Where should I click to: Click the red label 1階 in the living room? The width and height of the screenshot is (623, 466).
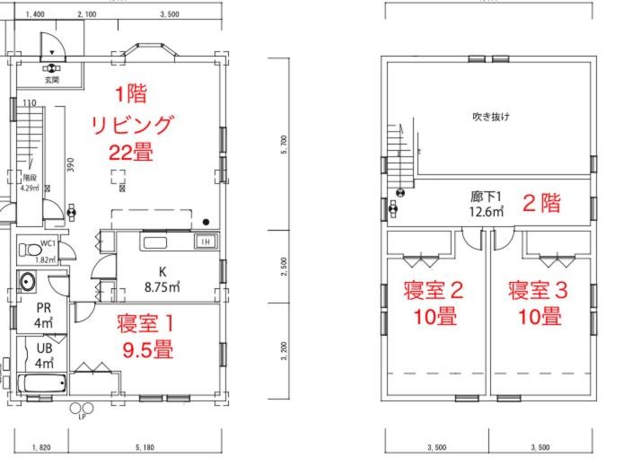(x=131, y=93)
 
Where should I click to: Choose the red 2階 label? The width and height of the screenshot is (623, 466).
(x=542, y=203)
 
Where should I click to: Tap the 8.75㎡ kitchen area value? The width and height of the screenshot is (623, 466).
(x=163, y=287)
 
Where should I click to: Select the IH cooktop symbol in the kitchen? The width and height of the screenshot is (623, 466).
(x=205, y=242)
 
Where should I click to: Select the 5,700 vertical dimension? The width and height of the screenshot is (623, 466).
(x=285, y=145)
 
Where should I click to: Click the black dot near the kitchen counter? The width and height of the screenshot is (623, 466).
(x=206, y=221)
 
